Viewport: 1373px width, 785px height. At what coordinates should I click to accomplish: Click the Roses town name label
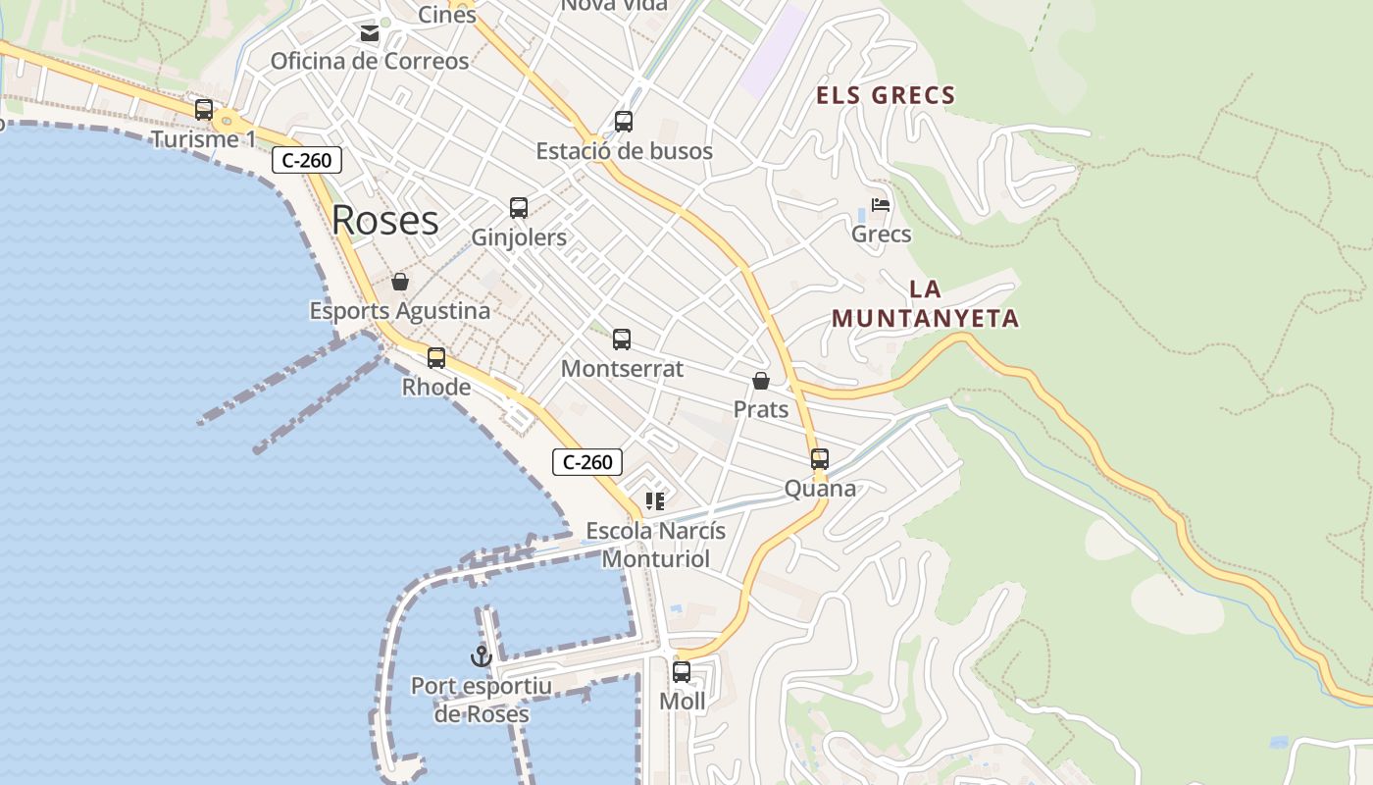pos(385,220)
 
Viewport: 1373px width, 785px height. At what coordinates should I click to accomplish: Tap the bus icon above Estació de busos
pos(624,122)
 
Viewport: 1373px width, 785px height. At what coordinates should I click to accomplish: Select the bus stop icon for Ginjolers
pos(519,208)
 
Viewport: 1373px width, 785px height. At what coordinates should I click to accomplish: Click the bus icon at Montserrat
pos(622,340)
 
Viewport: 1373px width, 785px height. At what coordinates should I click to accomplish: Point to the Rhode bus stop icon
pos(436,358)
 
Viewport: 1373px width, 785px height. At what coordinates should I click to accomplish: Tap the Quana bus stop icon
pos(820,459)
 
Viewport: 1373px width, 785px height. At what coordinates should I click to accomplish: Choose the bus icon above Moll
pos(682,672)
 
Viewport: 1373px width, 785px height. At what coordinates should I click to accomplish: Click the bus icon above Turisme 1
pos(204,110)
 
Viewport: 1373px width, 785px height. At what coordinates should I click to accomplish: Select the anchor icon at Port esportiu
pos(481,656)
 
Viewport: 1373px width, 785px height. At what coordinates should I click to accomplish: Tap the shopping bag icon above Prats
pos(761,381)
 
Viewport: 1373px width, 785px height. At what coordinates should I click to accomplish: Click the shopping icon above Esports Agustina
pos(400,283)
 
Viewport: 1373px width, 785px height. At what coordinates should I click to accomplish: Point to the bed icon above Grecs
pos(881,206)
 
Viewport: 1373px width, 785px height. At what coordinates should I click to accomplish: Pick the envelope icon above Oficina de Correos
pos(370,33)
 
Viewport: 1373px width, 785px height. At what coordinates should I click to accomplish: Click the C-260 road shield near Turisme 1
pos(307,160)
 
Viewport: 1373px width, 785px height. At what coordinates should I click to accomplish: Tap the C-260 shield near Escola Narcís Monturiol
pos(587,462)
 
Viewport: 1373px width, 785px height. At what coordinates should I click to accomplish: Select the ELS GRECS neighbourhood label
pos(887,95)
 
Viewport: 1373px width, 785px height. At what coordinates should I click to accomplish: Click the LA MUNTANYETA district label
pos(926,304)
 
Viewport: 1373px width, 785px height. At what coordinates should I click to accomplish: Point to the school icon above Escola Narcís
pos(655,502)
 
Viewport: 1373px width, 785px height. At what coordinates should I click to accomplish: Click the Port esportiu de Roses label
pos(482,700)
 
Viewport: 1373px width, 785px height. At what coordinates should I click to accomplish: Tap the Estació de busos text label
pos(624,151)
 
